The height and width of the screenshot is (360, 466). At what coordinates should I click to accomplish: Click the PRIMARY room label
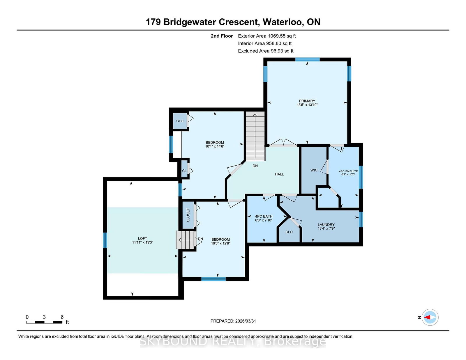[307, 101]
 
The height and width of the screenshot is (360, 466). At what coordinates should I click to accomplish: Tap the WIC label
[314, 170]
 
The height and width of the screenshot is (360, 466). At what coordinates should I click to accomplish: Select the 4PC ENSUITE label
[348, 171]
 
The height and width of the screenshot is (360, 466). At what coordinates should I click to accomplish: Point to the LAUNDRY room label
[326, 225]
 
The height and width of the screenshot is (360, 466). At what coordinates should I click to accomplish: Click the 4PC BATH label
[264, 217]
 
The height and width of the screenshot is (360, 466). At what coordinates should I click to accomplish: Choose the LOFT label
[142, 239]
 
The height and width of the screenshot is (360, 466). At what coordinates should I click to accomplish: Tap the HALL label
[279, 174]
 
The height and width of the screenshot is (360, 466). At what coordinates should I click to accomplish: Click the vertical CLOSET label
[188, 215]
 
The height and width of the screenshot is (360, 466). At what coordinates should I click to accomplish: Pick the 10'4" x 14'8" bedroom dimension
[215, 146]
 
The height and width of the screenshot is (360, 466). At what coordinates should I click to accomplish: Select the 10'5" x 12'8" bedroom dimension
[220, 243]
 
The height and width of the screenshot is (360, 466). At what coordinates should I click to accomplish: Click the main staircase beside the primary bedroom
[255, 136]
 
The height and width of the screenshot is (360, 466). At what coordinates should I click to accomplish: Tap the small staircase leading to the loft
[186, 240]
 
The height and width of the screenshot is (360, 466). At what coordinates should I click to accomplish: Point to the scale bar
[44, 322]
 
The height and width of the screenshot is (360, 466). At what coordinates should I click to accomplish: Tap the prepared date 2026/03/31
[246, 321]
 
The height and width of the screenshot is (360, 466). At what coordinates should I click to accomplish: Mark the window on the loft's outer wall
[105, 240]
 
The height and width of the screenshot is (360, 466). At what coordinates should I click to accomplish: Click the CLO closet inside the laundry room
[289, 232]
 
